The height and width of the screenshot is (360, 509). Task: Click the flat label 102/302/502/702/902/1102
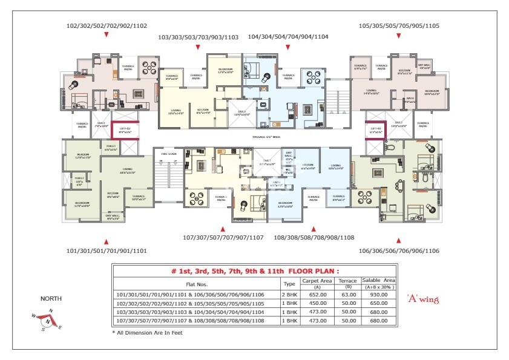point(106,25)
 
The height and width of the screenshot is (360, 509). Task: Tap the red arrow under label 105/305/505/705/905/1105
point(399,35)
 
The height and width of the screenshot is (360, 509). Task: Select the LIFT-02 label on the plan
point(125,129)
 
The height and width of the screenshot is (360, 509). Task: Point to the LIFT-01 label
point(375,129)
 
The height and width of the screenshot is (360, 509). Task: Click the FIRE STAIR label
point(168,154)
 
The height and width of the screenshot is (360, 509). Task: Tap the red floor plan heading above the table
point(255,271)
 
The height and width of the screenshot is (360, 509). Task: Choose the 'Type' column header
point(289,283)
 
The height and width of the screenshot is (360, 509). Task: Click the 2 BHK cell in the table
point(289,295)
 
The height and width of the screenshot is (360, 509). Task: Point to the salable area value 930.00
point(378,295)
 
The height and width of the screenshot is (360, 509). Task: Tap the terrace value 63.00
point(349,295)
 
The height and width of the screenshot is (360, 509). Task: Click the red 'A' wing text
point(422,299)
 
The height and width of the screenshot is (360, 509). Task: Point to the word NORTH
point(51,299)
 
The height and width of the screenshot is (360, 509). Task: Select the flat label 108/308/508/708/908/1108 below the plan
point(314,238)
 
